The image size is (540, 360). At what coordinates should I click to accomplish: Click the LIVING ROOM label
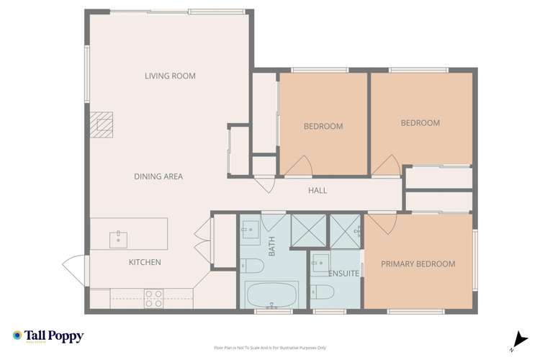pyautogui.click(x=170, y=76)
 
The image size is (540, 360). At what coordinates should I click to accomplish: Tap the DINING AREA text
pyautogui.click(x=158, y=176)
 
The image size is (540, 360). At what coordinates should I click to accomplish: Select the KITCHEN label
pyautogui.click(x=145, y=263)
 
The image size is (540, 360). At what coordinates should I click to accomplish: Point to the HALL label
pyautogui.click(x=318, y=191)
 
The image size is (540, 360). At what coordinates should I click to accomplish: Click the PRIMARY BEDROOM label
pyautogui.click(x=418, y=264)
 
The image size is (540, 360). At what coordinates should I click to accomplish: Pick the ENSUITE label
pyautogui.click(x=343, y=274)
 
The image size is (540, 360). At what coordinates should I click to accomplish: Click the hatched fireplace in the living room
pyautogui.click(x=105, y=126)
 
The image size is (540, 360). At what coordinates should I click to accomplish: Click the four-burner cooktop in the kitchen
pyautogui.click(x=153, y=298)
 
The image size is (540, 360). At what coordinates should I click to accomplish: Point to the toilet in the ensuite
pyautogui.click(x=322, y=292)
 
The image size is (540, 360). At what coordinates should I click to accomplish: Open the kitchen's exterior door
pyautogui.click(x=73, y=271)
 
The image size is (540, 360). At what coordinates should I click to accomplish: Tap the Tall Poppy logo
pyautogui.click(x=48, y=336)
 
